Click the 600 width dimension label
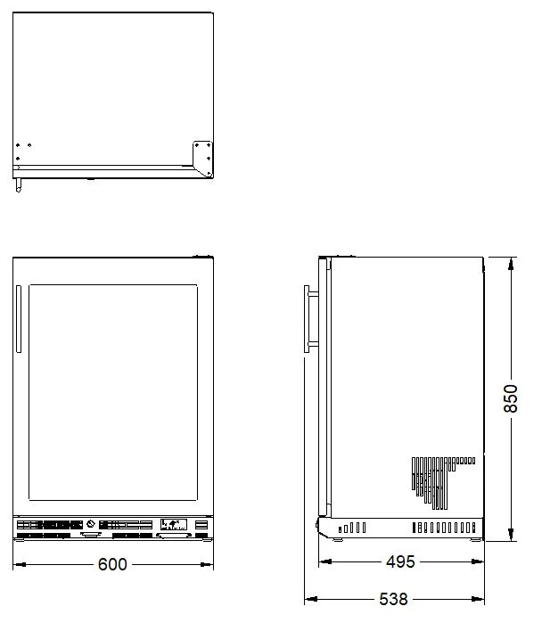112,564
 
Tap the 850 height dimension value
511,398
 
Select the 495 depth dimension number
400,561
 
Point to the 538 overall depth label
393,599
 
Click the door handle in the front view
19,319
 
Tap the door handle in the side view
310,319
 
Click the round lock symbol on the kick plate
91,524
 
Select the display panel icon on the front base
174,524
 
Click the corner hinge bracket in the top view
202,159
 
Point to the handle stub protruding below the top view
19,185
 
